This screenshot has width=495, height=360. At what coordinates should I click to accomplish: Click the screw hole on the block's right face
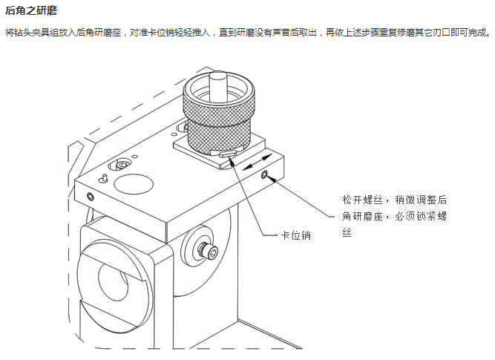click(x=264, y=175)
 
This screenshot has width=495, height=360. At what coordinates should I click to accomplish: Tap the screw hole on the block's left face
click(x=90, y=196)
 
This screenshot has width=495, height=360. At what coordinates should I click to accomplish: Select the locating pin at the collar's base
click(x=228, y=154)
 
